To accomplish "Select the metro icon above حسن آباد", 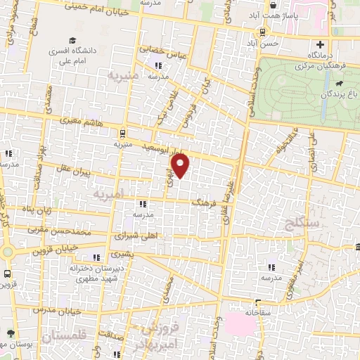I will coord(263,32).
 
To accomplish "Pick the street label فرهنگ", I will coord(206,202).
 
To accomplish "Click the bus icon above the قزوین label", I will coord(8,274).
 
